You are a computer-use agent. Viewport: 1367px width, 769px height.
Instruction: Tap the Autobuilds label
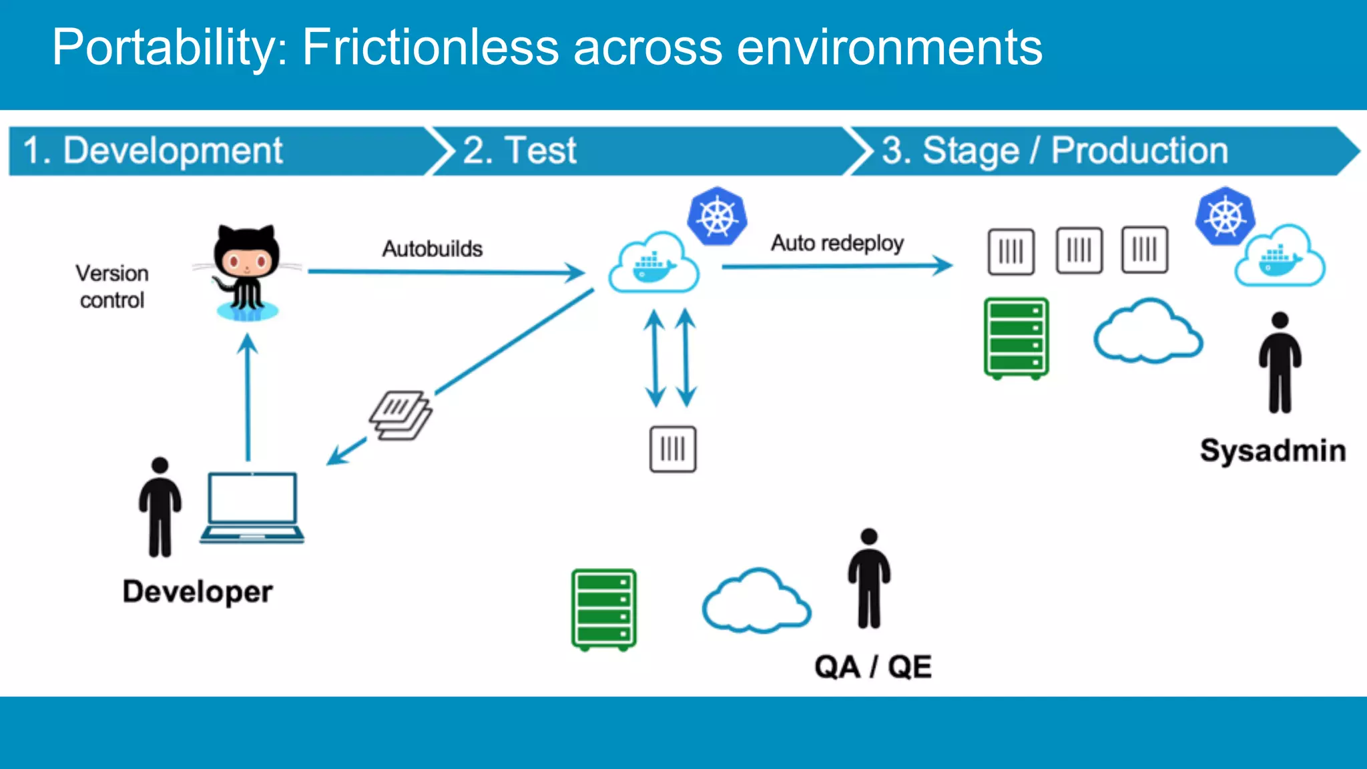pos(432,249)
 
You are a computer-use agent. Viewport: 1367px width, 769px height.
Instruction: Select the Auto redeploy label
pos(837,243)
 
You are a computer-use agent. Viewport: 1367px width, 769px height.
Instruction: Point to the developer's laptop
pos(252,507)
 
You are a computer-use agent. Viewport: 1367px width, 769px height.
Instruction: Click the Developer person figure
pos(160,507)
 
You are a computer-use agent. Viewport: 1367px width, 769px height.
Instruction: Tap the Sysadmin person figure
pos(1280,364)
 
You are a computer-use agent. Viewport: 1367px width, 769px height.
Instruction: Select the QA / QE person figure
pos(868,579)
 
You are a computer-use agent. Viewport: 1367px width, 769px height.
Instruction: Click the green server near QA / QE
pos(603,609)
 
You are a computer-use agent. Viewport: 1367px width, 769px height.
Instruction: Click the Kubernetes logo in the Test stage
pos(717,217)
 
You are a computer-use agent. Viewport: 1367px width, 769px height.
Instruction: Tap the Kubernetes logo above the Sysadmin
pos(1225,217)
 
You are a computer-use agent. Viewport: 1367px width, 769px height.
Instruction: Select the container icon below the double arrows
pos(673,449)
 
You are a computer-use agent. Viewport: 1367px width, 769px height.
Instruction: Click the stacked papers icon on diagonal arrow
pos(400,415)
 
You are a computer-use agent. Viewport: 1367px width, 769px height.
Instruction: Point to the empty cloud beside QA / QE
pos(756,603)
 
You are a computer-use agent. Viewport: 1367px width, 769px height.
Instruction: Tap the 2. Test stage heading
pos(519,150)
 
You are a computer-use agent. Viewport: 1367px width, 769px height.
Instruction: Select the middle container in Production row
pos(1079,250)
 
